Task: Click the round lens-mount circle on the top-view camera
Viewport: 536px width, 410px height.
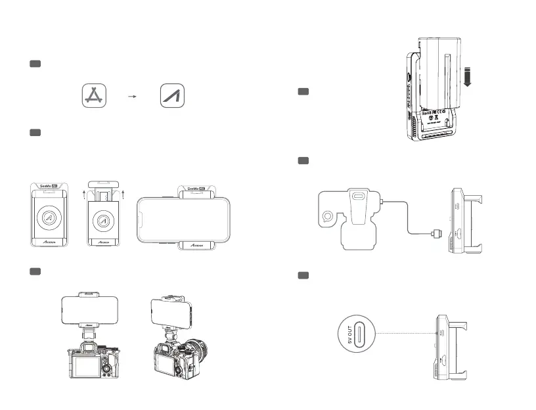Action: [x=327, y=215]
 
